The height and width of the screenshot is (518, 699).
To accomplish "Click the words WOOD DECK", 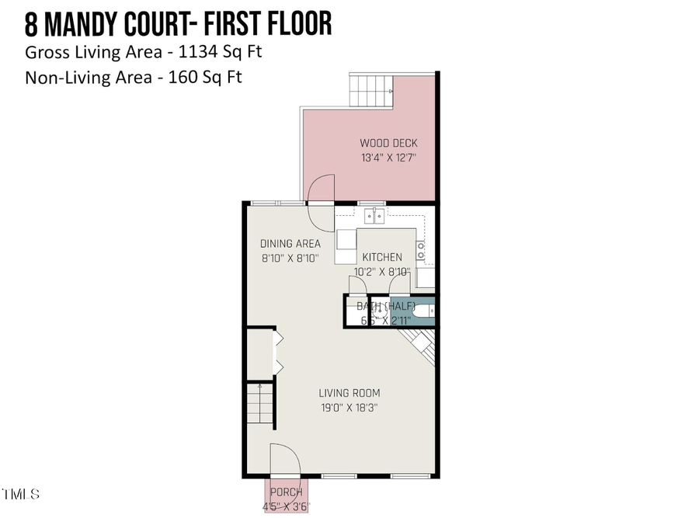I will [x=388, y=143].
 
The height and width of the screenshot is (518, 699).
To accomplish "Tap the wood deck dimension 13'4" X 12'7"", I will [x=388, y=158].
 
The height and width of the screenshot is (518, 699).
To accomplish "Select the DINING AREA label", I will [x=290, y=244].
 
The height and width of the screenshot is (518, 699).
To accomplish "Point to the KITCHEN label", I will [x=382, y=257].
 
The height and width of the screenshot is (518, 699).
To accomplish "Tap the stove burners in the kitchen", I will [x=421, y=249].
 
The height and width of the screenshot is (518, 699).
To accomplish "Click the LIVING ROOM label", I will [x=349, y=393].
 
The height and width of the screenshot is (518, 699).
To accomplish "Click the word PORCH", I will [x=286, y=492].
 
